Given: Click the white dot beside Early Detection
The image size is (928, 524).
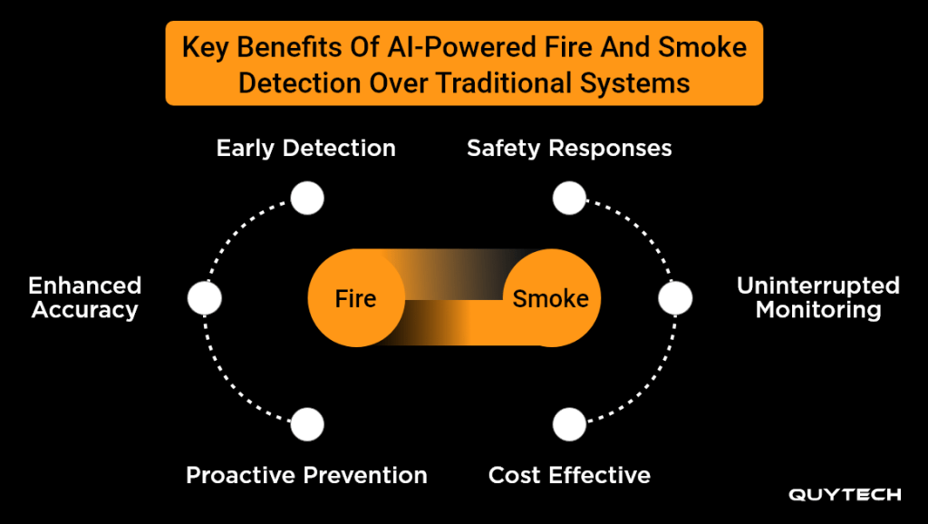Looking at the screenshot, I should pos(307,198).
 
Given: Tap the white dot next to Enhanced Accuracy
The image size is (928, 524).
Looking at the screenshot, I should pos(205,298).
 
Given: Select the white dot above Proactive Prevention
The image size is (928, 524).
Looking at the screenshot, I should pos(307,423).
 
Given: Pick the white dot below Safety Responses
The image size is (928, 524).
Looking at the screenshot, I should pos(569,198).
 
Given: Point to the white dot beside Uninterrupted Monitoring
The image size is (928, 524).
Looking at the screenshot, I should pos(675,298).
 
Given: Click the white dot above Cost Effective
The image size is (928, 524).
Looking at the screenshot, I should pos(569,423).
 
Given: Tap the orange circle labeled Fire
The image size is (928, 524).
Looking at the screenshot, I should pos(355,298).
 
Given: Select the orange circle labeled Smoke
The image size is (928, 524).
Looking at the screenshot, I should pos(550,298).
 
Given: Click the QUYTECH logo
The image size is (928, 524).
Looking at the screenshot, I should pos(845,495).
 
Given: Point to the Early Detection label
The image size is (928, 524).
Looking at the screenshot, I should pos(306,148).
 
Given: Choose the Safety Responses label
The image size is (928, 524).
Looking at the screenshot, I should pos(569,148).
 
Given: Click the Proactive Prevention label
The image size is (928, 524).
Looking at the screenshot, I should pos(306,475).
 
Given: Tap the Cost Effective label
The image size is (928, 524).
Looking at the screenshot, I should pos(569,475).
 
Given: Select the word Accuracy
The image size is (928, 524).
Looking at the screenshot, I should pos(85,310).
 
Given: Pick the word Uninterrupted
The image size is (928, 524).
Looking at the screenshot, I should pos(818,286).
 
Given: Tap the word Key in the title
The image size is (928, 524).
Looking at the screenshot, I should pos(204,48).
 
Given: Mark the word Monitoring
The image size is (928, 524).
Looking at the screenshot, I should pos(818,310).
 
